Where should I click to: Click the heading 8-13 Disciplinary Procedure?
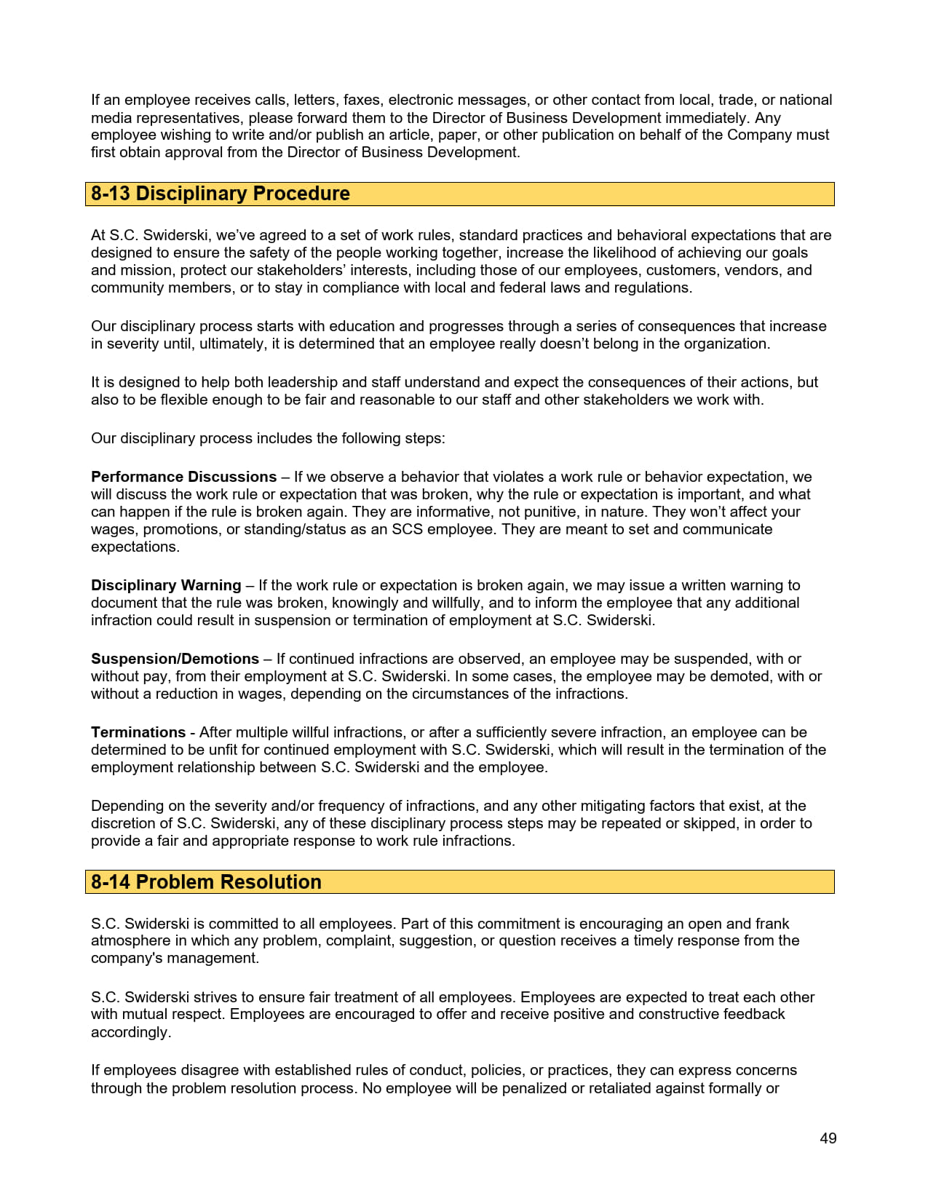click(220, 194)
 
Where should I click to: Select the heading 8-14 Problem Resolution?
click(206, 882)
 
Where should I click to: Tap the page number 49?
click(828, 1138)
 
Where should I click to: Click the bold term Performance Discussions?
click(183, 477)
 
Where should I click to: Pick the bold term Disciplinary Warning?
click(166, 585)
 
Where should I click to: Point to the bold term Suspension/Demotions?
click(175, 659)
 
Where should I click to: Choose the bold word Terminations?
click(138, 732)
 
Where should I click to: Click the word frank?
click(771, 924)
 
